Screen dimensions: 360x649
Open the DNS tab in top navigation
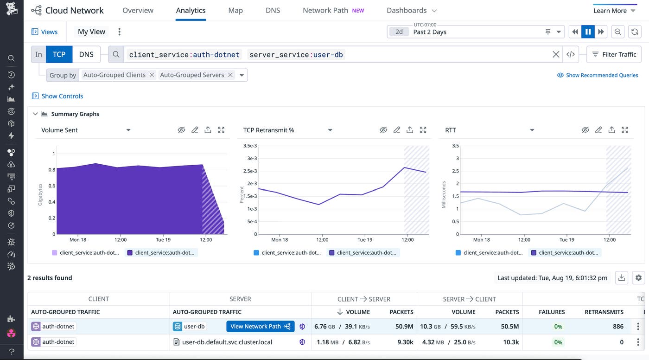[x=273, y=10]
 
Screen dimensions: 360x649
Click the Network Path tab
[x=325, y=10]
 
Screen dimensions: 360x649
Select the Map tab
[x=235, y=10]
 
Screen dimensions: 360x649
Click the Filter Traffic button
[x=614, y=54]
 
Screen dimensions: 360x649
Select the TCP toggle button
[x=59, y=54]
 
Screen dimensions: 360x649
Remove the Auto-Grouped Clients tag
[x=152, y=75]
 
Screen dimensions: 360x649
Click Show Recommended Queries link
[x=598, y=75]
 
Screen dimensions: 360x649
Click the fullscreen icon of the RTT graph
[x=625, y=130]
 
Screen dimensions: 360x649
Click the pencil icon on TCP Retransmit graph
[x=397, y=130]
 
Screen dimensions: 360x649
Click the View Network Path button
[x=260, y=326]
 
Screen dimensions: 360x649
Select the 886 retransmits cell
[x=618, y=326]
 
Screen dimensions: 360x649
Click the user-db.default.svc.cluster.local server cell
[x=227, y=342]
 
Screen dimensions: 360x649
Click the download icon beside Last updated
[x=622, y=278]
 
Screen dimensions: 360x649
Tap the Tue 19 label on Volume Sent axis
[x=163, y=240]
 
